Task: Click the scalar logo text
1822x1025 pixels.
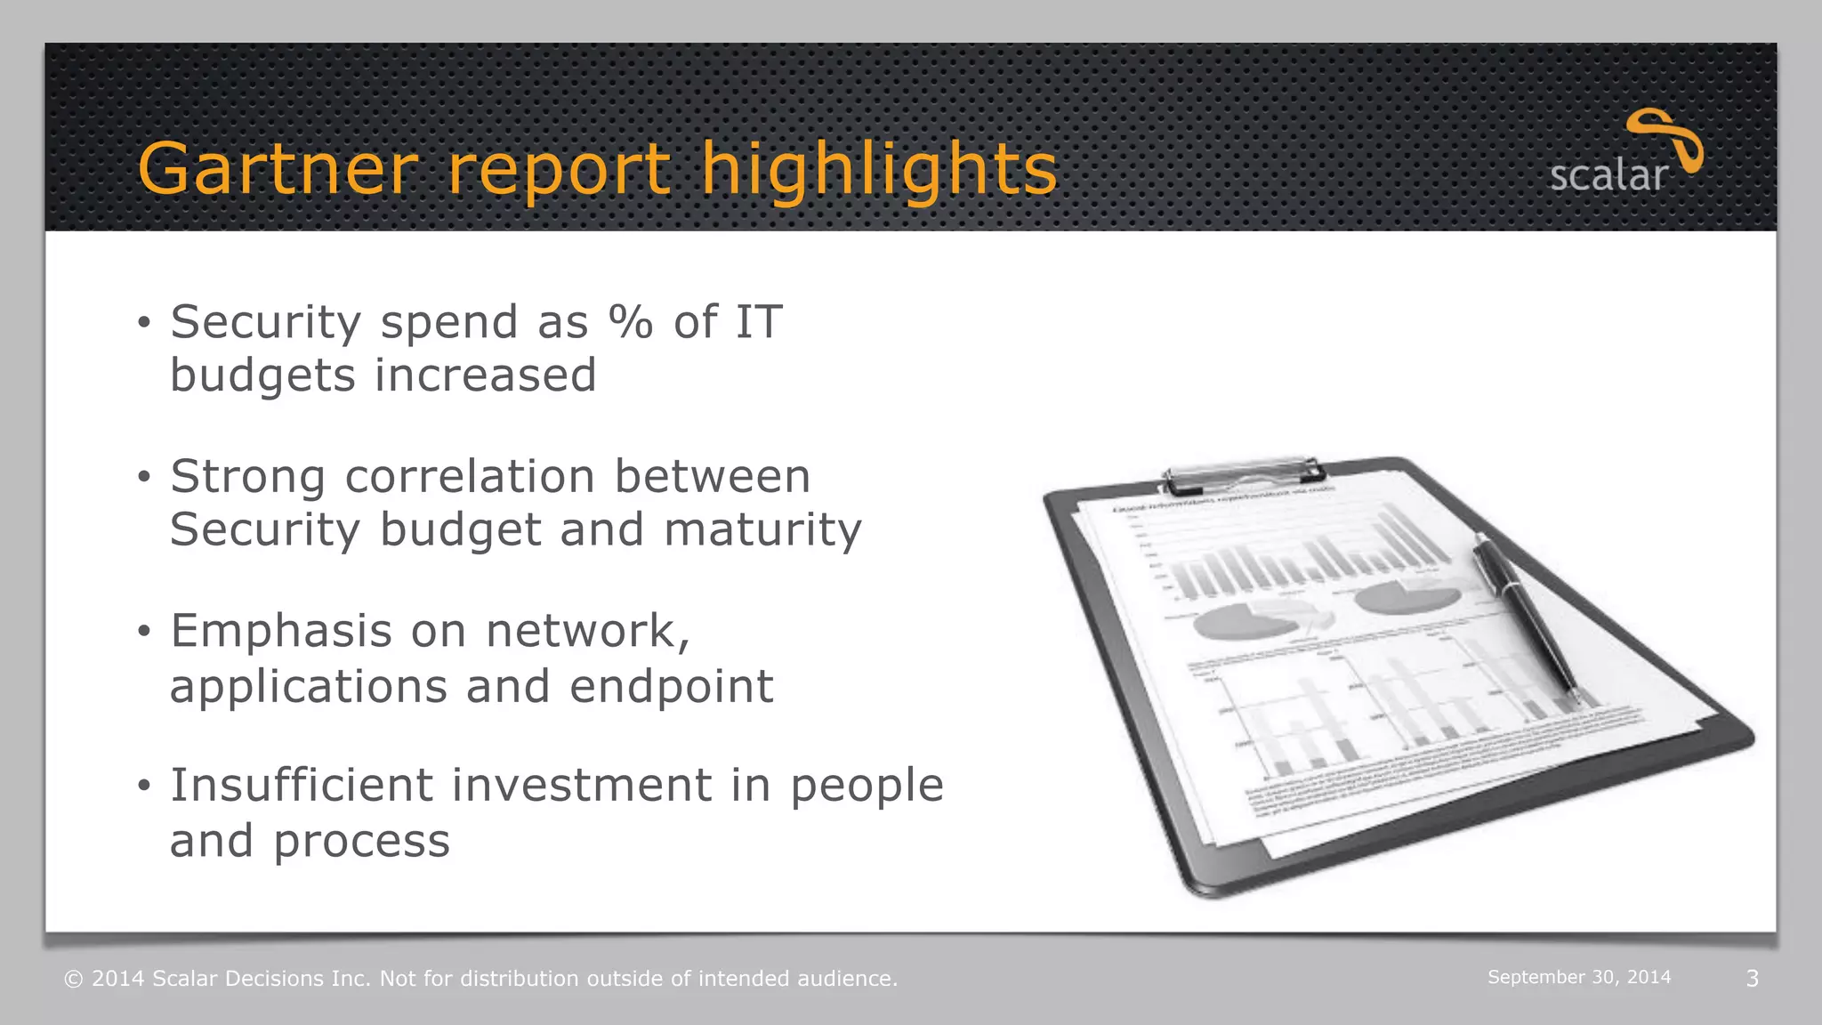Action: pos(1608,175)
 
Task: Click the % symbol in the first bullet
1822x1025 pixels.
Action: pos(631,321)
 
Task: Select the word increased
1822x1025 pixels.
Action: pos(485,375)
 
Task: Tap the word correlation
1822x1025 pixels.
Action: pos(470,476)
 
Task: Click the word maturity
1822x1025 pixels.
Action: pos(762,530)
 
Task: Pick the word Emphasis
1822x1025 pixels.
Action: pos(281,631)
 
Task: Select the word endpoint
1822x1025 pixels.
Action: pos(672,686)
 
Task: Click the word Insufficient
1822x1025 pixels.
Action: pos(307,785)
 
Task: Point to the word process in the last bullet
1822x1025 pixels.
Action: pos(361,842)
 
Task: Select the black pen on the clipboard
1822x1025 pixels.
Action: pos(1523,614)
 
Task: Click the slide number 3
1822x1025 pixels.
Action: pos(1752,979)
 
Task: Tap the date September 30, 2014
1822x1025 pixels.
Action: pos(1578,977)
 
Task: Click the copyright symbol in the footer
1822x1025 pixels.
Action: pos(74,979)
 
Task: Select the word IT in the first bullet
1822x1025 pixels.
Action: pos(758,321)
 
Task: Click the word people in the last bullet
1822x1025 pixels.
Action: pos(867,787)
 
